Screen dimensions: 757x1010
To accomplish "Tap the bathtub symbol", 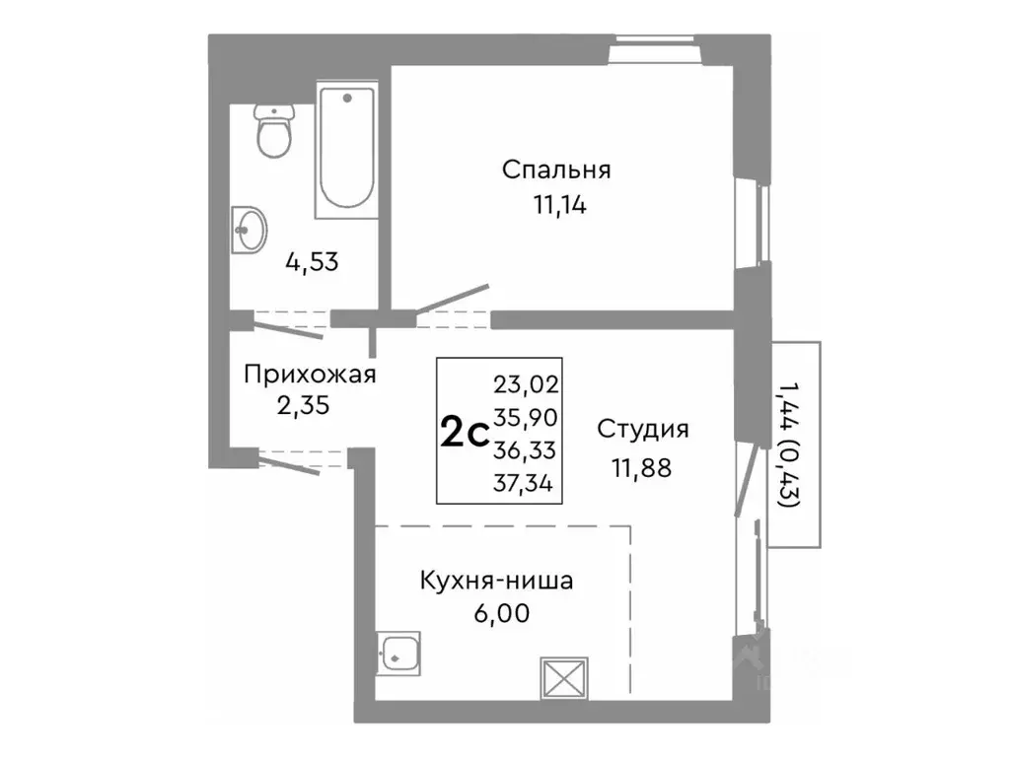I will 345,150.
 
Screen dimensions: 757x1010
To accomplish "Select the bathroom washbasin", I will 249,230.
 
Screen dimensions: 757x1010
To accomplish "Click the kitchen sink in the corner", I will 398,652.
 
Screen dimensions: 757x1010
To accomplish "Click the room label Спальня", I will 556,170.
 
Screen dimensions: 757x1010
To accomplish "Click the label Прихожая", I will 310,374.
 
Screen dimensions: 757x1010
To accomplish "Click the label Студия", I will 642,429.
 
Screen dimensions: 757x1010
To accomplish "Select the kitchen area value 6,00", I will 501,614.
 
